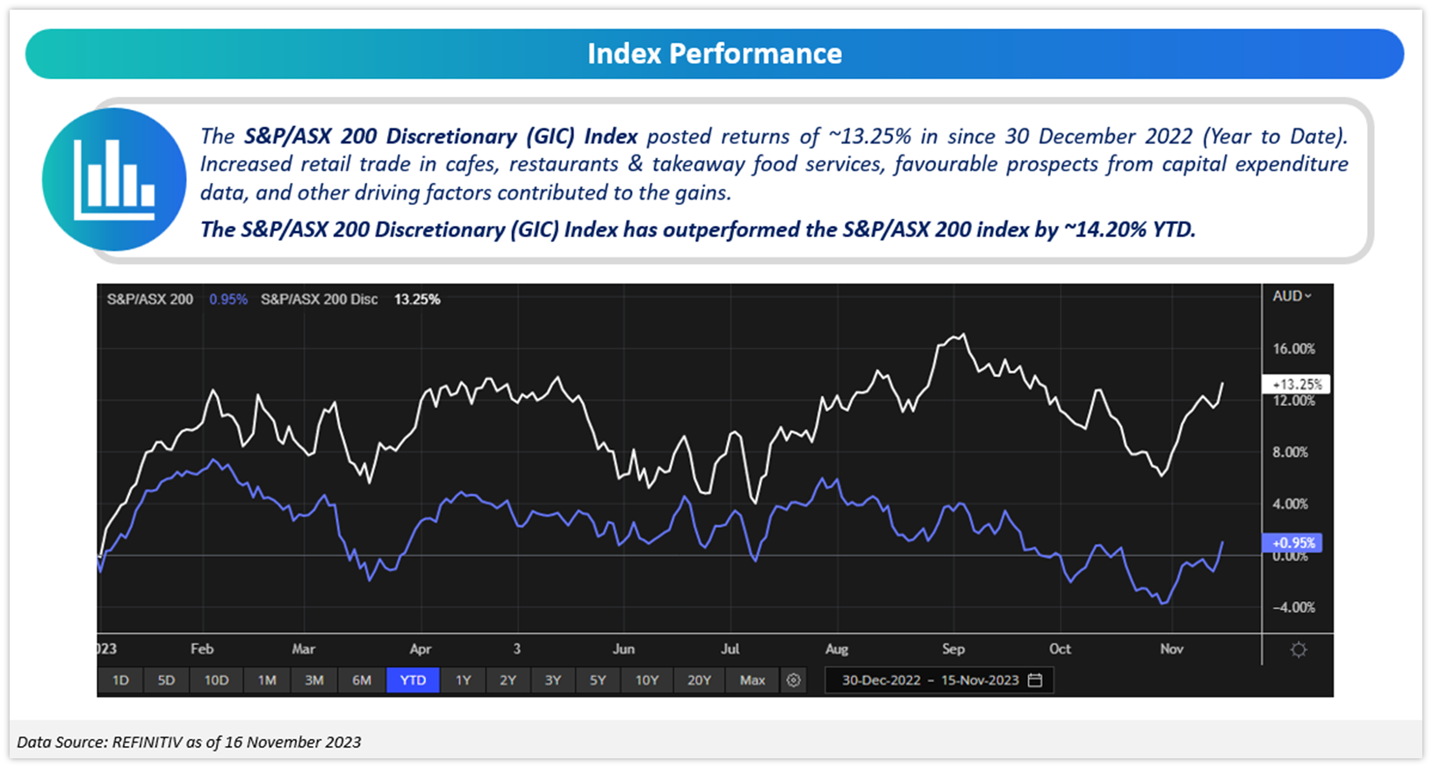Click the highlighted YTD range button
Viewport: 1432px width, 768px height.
pos(413,680)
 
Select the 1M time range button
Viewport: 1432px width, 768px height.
pos(267,680)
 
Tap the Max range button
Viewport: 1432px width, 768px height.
pos(752,680)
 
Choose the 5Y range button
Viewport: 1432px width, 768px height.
pos(598,680)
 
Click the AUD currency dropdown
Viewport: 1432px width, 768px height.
pos(1292,296)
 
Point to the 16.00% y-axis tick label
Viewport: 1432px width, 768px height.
pos(1294,349)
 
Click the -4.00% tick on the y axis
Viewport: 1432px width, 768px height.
pos(1294,607)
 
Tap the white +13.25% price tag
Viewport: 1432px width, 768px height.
pos(1297,384)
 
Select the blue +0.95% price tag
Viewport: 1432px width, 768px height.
pos(1292,543)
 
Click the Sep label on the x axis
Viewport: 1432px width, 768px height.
pos(953,648)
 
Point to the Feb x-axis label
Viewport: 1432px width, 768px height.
pos(202,648)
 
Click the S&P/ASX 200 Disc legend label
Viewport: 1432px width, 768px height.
pos(320,300)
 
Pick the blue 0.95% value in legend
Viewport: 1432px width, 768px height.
pos(228,300)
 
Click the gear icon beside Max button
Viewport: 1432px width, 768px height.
pos(794,680)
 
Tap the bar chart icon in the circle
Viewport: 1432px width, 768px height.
pos(114,179)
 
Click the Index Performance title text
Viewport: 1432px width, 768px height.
pos(715,54)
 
